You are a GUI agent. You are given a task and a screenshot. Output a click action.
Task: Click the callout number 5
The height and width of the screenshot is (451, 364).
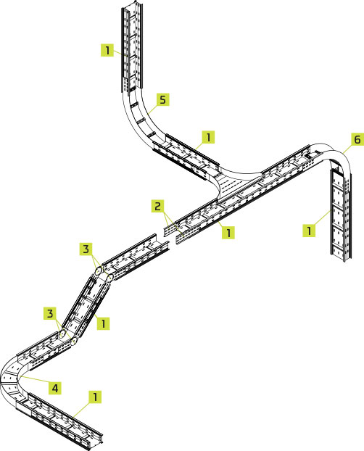[x=162, y=99]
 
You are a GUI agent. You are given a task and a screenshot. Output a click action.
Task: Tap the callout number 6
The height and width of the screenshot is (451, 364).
[x=357, y=139]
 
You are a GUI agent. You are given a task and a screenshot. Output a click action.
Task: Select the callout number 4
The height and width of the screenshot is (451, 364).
[x=55, y=389]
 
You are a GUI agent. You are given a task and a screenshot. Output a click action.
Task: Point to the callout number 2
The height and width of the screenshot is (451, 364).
[x=157, y=206]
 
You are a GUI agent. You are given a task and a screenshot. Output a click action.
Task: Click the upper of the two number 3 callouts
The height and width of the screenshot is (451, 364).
[x=86, y=249]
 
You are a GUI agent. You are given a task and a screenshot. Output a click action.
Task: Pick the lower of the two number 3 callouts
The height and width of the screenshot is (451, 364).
[x=50, y=313]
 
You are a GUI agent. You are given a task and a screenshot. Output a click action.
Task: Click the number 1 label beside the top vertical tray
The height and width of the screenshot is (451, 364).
[x=107, y=50]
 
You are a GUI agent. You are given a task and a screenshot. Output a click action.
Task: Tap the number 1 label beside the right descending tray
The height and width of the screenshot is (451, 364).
[x=309, y=231]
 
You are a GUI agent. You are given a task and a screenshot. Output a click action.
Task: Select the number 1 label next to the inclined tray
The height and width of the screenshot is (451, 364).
[x=103, y=323]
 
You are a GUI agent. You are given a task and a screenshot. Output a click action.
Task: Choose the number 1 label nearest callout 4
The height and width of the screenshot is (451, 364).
[x=95, y=397]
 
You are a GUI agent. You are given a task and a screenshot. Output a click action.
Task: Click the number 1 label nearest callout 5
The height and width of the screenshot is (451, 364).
[x=208, y=137]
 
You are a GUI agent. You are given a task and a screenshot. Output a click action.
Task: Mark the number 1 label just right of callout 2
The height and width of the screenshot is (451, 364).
[x=228, y=232]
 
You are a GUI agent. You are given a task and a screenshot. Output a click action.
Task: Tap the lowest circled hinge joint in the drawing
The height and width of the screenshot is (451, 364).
[x=74, y=341]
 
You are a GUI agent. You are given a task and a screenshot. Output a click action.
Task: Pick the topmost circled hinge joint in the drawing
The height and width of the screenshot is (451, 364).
[x=99, y=270]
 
